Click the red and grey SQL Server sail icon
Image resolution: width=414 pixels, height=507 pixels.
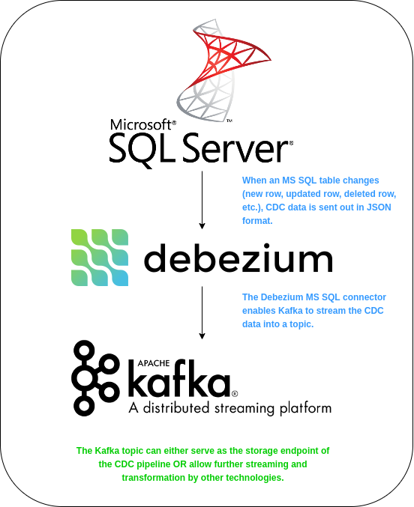tap(213, 70)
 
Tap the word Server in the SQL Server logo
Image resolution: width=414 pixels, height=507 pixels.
tap(235, 148)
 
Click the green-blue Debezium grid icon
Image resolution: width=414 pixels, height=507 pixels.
tap(100, 258)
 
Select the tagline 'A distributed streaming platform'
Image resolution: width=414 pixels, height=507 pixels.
tap(229, 409)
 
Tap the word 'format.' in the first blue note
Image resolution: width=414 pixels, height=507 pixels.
tap(257, 222)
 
